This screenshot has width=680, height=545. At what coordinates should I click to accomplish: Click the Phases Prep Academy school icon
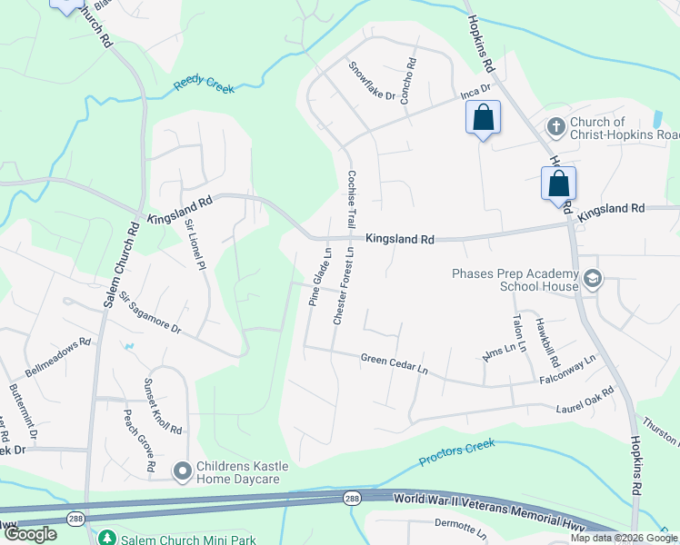pyautogui.click(x=594, y=278)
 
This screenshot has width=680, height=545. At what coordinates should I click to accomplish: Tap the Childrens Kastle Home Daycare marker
pyautogui.click(x=182, y=470)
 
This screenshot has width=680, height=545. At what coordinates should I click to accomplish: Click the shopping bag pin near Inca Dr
pyautogui.click(x=483, y=118)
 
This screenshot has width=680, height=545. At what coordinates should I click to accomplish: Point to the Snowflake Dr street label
pyautogui.click(x=373, y=82)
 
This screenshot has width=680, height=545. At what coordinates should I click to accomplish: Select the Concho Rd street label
pyautogui.click(x=408, y=83)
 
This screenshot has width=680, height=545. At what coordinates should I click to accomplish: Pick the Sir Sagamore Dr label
pyautogui.click(x=150, y=313)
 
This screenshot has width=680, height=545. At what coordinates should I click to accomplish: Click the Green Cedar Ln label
pyautogui.click(x=394, y=363)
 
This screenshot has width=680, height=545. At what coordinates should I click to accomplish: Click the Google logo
pyautogui.click(x=31, y=534)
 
